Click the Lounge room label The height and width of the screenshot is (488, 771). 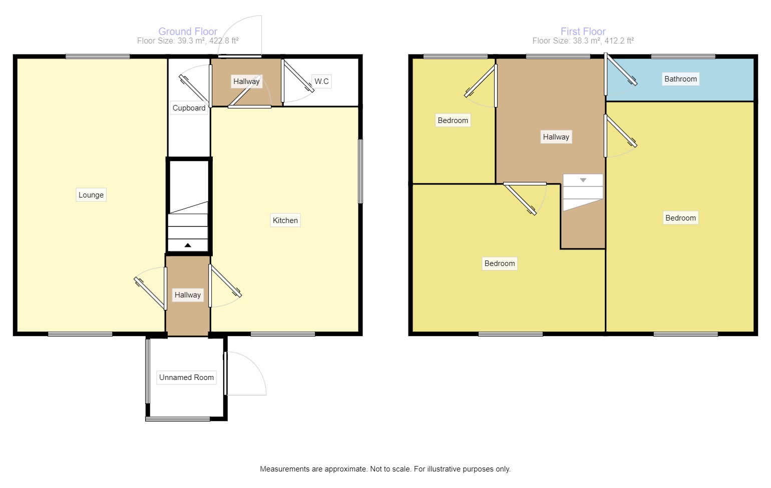point(91,195)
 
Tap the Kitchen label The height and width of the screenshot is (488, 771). point(285,220)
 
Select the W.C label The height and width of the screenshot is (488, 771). point(321,81)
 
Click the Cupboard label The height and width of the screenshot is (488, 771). point(189,108)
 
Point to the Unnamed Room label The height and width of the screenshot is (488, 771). point(186,377)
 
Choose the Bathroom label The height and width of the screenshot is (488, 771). point(680,79)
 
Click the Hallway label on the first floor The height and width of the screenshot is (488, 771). point(556,137)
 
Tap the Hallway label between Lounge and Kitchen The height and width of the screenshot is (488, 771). point(188,295)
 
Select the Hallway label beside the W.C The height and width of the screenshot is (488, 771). point(246,81)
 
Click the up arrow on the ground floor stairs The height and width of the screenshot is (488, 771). point(188,245)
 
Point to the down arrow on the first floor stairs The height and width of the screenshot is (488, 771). point(583,180)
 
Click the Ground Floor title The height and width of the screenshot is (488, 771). point(188,31)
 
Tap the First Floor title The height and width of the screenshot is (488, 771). point(583,31)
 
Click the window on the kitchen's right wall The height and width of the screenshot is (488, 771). point(360,171)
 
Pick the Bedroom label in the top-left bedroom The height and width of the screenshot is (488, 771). point(453,120)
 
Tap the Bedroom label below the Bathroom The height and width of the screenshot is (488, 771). point(680,218)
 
